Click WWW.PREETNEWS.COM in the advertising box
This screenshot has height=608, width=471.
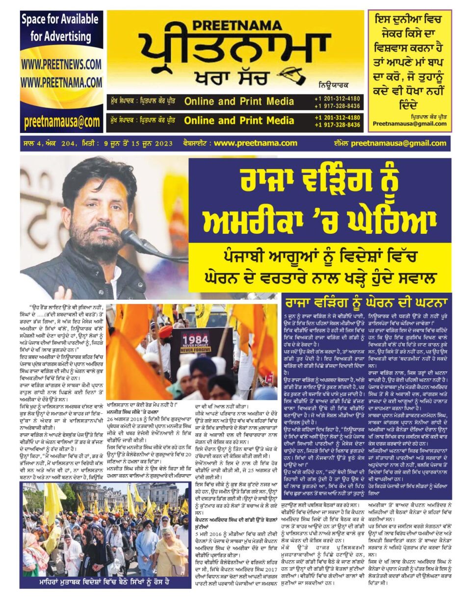pos(61,64)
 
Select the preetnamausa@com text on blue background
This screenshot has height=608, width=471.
pos(61,122)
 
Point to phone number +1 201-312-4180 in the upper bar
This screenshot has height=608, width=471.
pos(338,98)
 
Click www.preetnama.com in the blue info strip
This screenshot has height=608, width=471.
pos(256,143)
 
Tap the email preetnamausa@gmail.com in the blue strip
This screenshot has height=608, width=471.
pos(399,143)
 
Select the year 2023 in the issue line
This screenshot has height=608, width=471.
pos(163,144)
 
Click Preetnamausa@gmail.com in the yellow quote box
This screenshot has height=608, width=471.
pos(410,124)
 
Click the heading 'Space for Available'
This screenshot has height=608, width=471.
pos(60,20)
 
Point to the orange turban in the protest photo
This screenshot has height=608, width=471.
pos(165,332)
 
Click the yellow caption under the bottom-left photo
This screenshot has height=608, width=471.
pos(104,582)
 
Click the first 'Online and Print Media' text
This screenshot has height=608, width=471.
pos(239,101)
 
